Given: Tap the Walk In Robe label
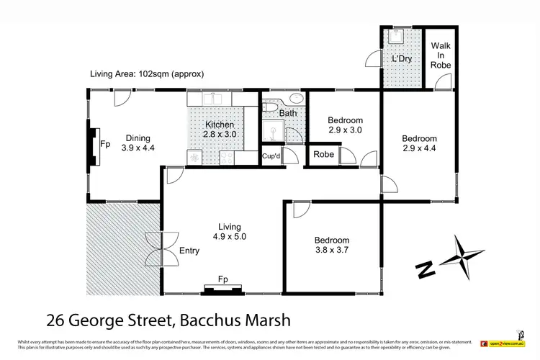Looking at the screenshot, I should coord(441,55).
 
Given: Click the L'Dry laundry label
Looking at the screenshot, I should coord(400,58).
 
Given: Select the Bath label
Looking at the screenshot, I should coord(288,113).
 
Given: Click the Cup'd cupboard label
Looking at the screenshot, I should coord(271,156).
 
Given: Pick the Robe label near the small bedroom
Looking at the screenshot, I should coord(322,155).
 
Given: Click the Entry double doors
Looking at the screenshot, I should coord(156,249).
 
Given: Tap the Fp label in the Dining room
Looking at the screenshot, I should coord(105,143).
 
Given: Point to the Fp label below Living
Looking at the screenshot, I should coord(222,280).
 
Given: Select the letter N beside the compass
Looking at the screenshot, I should coord(426,269).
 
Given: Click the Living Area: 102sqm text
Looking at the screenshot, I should coord(147,73).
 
